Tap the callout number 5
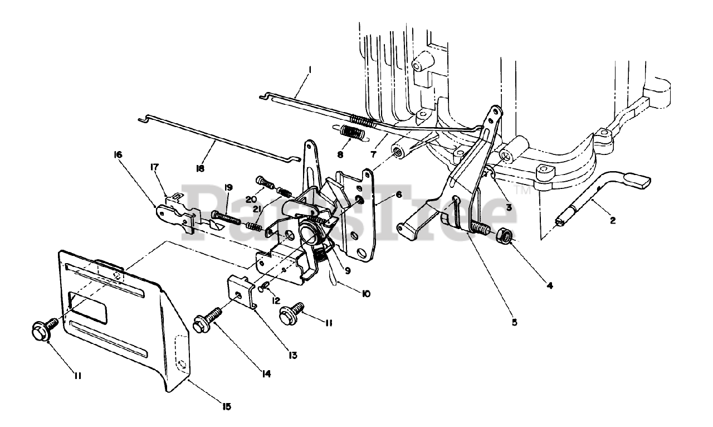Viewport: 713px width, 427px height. pos(514,322)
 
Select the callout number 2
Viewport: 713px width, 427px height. pos(613,220)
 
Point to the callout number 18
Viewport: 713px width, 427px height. pos(200,168)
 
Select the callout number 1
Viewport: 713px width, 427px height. pos(310,70)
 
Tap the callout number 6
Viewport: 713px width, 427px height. pos(399,195)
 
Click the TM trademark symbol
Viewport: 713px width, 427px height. pos(524,191)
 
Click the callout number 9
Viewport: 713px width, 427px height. pos(346,271)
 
